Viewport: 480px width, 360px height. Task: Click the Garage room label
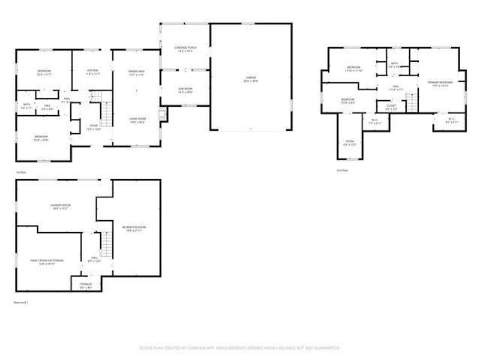tap(251, 79)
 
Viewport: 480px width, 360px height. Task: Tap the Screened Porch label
tap(182, 49)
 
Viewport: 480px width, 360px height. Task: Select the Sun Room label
tap(184, 91)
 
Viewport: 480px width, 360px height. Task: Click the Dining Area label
tap(137, 73)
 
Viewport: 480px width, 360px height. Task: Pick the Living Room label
tap(137, 121)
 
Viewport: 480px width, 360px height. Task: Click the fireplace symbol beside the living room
tap(161, 114)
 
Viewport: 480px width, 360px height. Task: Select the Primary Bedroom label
tap(439, 82)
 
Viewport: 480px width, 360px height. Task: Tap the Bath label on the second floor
tap(394, 65)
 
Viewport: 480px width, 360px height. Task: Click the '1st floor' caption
tap(22, 172)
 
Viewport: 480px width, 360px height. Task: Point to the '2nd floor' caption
tap(343, 170)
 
